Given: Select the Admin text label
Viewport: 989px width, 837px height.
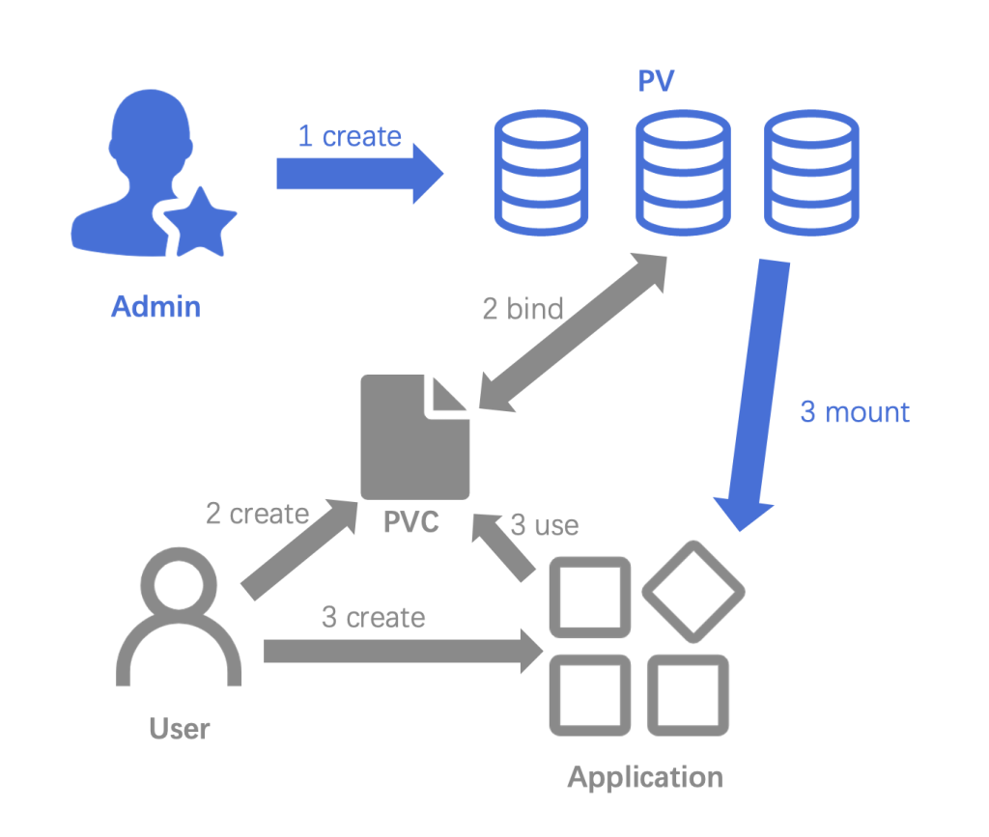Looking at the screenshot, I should coord(155,307).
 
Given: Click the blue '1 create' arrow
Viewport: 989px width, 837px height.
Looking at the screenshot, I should coord(357,174).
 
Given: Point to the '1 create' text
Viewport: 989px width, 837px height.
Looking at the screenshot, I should coord(349,137).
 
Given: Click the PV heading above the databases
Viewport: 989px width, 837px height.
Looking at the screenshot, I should coord(656,80).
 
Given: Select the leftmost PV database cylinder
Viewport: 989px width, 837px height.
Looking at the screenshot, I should coord(540,172).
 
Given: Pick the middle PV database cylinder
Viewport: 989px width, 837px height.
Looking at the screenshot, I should coord(682,172).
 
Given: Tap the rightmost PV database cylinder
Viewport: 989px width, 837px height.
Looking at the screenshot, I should coord(811,172).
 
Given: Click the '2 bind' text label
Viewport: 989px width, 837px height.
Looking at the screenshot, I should coord(523,309).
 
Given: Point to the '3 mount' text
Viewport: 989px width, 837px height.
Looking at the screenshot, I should coord(855,412).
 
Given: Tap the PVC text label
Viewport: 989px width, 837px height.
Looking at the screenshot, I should coord(411,522).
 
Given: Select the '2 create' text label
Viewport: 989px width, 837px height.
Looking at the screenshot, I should coord(257,514).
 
